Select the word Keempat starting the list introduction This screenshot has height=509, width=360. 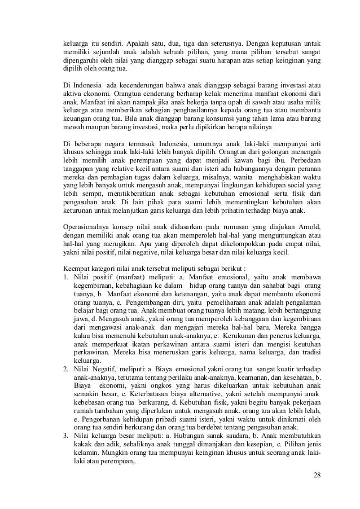tap(77, 268)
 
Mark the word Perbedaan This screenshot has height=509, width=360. tap(301, 158)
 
